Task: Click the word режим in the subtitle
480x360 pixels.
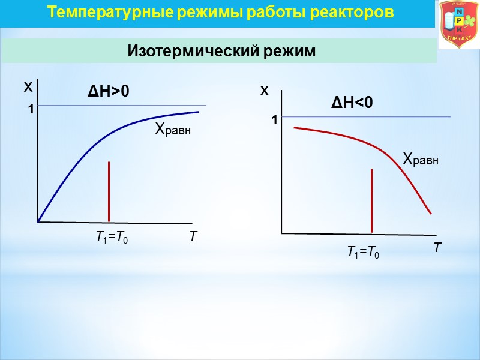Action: click(289, 52)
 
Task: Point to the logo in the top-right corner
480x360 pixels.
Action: click(458, 25)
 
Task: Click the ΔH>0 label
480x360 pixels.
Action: click(109, 92)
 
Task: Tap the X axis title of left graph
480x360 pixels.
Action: click(28, 88)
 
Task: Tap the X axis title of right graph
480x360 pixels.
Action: click(265, 91)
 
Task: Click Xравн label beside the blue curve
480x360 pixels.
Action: click(173, 129)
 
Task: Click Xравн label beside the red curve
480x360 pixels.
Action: click(421, 160)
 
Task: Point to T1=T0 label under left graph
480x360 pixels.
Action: click(112, 238)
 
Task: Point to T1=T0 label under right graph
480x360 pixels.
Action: click(363, 253)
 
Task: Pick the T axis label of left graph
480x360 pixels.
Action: click(193, 238)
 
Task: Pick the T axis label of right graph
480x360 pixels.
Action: click(437, 247)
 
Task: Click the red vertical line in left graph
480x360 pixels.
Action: click(109, 191)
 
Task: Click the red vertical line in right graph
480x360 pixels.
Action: click(372, 200)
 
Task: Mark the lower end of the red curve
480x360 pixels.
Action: click(431, 212)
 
